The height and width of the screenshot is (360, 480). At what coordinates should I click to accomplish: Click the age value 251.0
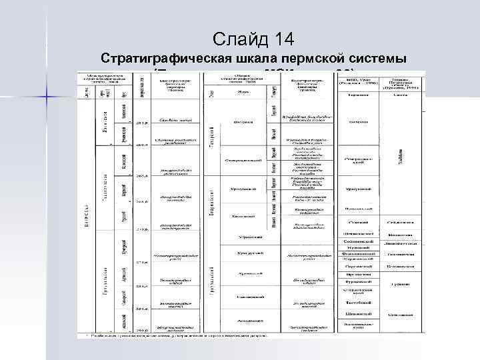[x=141, y=123]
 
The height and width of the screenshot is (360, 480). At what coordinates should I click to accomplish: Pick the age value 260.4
[x=141, y=144]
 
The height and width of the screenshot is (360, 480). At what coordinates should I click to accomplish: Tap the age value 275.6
[x=141, y=263]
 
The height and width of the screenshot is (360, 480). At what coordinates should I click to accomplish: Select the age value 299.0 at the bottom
[x=141, y=329]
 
